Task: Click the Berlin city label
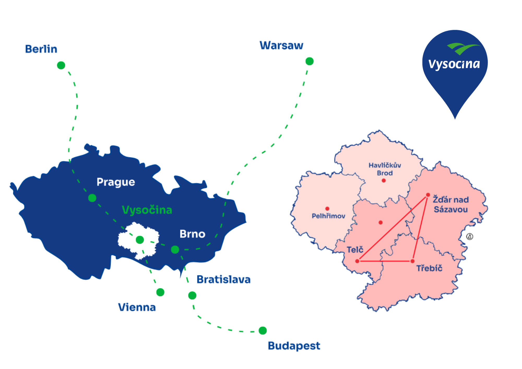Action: pos(41,49)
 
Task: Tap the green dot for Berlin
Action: pos(61,65)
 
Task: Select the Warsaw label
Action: pos(281,45)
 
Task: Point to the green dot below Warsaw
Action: pos(310,61)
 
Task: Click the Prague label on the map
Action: pos(116,182)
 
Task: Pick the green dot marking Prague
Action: pos(92,198)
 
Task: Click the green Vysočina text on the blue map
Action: pos(147,210)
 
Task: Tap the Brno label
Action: pos(192,234)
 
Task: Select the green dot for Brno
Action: pos(175,250)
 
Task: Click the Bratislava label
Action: pos(223,279)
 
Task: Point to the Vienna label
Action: pos(137,307)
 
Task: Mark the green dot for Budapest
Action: pos(263,331)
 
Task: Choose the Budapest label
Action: pos(294,346)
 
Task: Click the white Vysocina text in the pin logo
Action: pos(454,64)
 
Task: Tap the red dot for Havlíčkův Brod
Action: pos(384,181)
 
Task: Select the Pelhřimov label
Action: pos(328,216)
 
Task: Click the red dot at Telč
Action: pos(357,261)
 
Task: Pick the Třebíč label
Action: pos(429,268)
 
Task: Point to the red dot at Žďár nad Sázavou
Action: pos(428,195)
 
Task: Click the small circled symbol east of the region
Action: pos(470,237)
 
